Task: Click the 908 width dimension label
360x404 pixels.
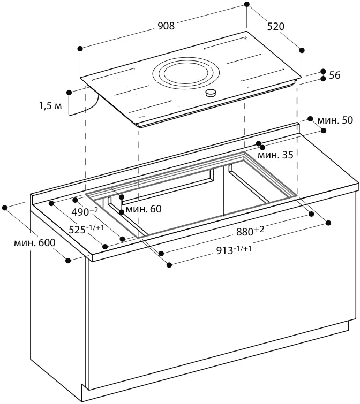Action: coord(166,26)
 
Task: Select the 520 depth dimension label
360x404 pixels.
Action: coord(275,26)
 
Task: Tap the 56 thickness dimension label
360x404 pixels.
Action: coord(335,75)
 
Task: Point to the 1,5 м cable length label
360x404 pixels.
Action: coord(50,106)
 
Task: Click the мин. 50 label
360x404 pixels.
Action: coord(335,120)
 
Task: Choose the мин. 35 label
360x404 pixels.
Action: coord(275,156)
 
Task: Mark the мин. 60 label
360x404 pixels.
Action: coord(143,209)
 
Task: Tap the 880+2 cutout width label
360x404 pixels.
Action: coord(251,232)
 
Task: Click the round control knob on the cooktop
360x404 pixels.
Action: coord(212,93)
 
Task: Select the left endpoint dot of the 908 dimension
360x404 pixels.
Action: coord(80,48)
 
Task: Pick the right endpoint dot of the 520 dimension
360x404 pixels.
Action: coord(302,50)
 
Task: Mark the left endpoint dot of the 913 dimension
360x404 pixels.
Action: coord(169,264)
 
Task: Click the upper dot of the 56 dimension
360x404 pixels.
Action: coord(323,71)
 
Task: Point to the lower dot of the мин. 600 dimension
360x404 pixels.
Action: coord(68,260)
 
